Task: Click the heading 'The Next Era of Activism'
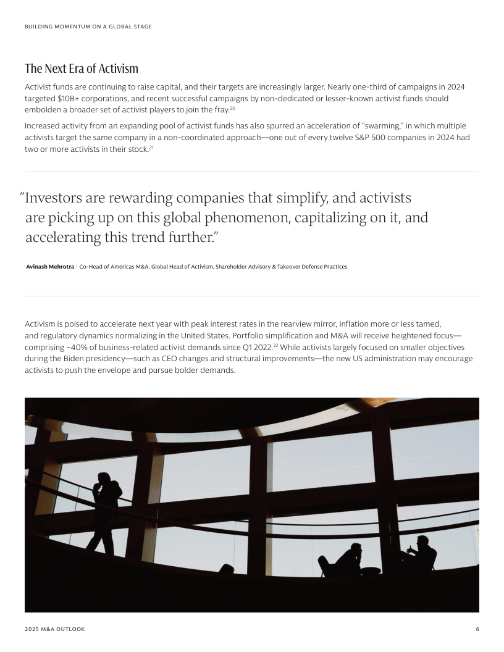[x=82, y=69]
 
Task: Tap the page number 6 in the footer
[x=477, y=629]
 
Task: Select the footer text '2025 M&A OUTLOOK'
[x=55, y=629]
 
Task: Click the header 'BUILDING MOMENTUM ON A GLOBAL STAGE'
[x=88, y=27]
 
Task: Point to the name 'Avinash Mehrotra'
[x=50, y=267]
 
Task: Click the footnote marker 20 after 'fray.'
[x=233, y=109]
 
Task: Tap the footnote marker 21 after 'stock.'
[x=151, y=147]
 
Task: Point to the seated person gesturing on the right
[x=421, y=554]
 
